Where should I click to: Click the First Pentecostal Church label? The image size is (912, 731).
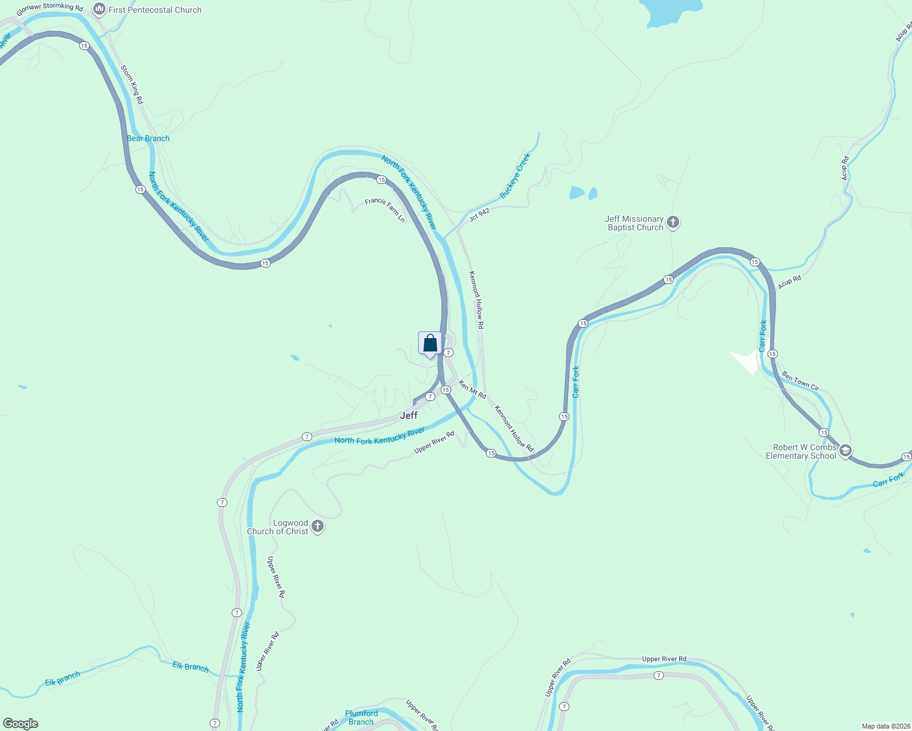click(x=155, y=10)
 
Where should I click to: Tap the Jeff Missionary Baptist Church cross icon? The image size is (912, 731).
click(x=673, y=222)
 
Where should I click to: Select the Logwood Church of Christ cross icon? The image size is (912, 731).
click(x=317, y=526)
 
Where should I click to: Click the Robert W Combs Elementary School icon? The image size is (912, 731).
click(x=845, y=451)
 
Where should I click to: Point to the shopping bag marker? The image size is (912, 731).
click(x=430, y=344)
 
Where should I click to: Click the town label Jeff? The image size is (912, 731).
click(x=408, y=415)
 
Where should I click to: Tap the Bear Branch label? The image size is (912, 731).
click(x=148, y=138)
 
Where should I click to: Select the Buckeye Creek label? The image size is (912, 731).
click(x=515, y=175)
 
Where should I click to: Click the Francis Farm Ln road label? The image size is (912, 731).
click(x=385, y=209)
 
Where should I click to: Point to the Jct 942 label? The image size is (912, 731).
click(x=479, y=214)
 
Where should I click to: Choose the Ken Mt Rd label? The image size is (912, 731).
click(x=472, y=390)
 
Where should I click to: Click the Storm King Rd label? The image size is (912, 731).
click(x=132, y=85)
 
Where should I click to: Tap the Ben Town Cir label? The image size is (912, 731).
click(x=800, y=381)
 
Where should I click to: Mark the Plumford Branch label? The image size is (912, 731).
click(x=362, y=718)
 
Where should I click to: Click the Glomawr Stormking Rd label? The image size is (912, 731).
click(x=49, y=9)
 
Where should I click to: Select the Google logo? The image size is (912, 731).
click(x=21, y=724)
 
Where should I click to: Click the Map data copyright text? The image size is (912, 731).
click(x=886, y=726)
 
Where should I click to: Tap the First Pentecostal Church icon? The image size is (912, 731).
click(x=99, y=9)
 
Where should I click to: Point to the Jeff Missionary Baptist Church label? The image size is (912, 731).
click(x=634, y=223)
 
